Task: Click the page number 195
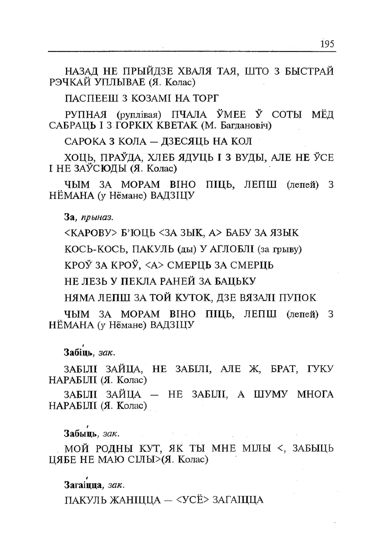[327, 44]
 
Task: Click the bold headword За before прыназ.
[70, 218]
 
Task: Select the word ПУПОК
[297, 298]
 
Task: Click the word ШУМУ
[271, 395]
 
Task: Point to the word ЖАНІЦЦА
[136, 501]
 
